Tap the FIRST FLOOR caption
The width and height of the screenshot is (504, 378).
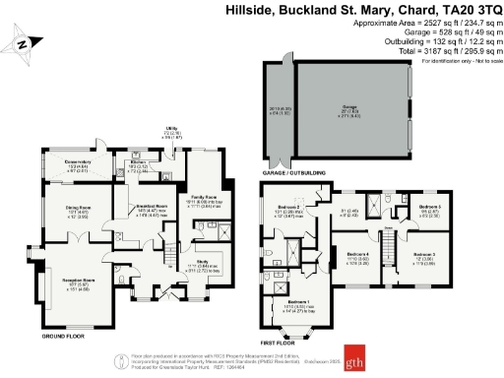pyautogui.click(x=279, y=342)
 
